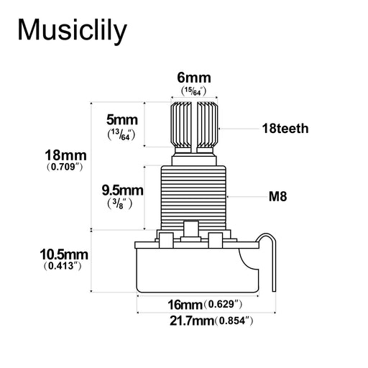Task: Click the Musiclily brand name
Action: click(72, 30)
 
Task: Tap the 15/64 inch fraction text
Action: click(193, 92)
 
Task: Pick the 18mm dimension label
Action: click(65, 155)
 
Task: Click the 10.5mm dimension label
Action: click(63, 254)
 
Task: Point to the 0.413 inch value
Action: click(63, 267)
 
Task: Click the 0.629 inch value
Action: click(222, 304)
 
